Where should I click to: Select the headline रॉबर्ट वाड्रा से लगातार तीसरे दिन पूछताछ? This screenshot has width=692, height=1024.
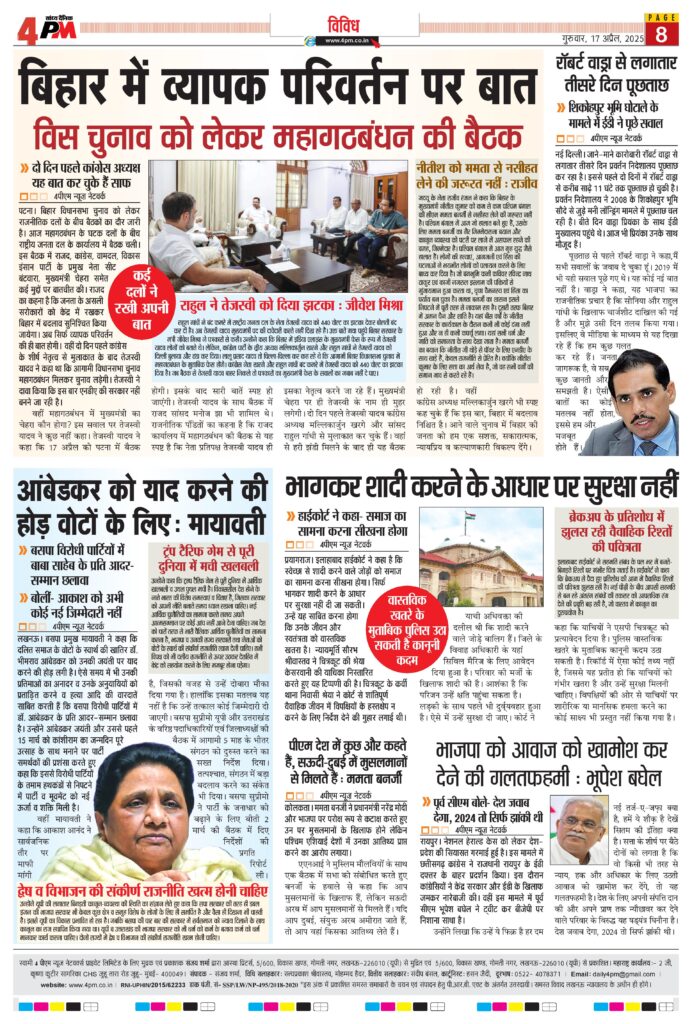[619, 75]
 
